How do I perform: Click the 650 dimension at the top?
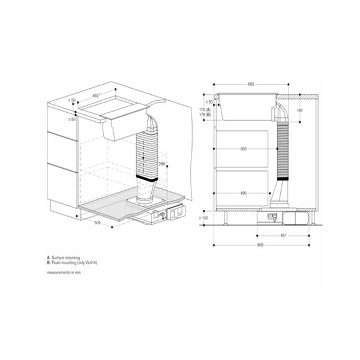click(x=250, y=85)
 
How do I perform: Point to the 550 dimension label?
click(x=243, y=148)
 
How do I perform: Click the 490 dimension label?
click(x=243, y=193)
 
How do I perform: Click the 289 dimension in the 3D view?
click(x=161, y=163)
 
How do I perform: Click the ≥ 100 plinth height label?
click(x=205, y=217)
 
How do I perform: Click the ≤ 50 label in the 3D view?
click(x=71, y=119)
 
